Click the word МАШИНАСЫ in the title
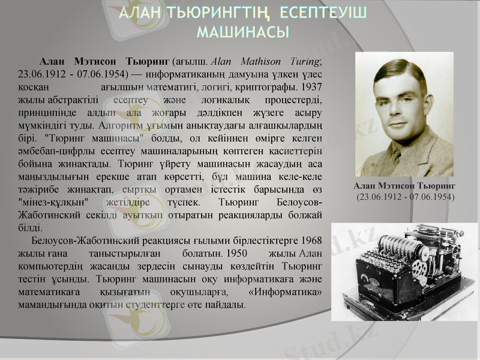(243, 31)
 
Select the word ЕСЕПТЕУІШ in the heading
(323, 13)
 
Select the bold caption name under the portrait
(404, 187)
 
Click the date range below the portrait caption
(405, 197)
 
